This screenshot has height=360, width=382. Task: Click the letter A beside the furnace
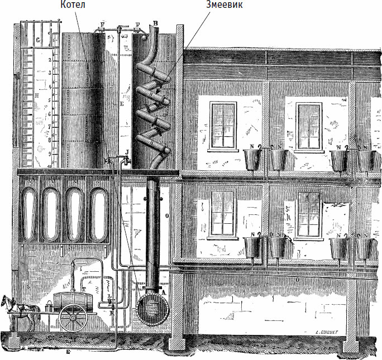coord(163,292)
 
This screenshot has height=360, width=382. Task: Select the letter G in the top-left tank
coord(37,40)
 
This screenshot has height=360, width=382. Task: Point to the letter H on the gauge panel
coord(36,95)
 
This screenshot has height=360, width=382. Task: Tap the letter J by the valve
coord(127,151)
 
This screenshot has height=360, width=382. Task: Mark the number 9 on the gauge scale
coord(50,153)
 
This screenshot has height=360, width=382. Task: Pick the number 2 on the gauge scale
coord(50,59)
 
